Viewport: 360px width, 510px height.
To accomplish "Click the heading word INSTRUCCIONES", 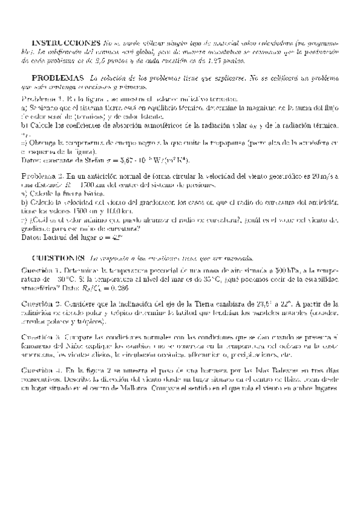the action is pyautogui.click(x=66, y=44).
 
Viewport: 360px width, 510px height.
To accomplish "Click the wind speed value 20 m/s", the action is pyautogui.click(x=325, y=174).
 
